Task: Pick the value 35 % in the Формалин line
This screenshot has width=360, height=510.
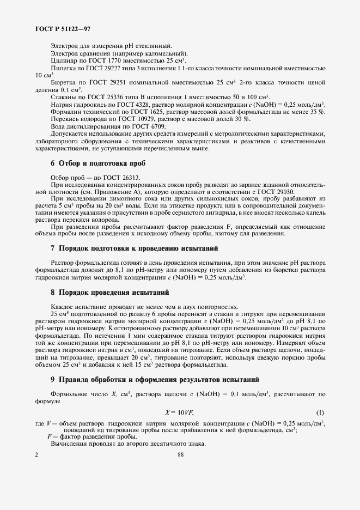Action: pyautogui.click(x=318, y=111)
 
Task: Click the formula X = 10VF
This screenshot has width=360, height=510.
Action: pyautogui.click(x=180, y=411)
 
